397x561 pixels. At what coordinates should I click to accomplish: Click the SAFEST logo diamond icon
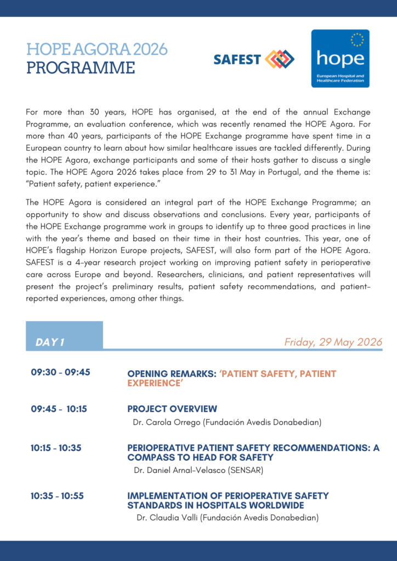[x=279, y=59]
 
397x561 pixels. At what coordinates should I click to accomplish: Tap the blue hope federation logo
[x=340, y=59]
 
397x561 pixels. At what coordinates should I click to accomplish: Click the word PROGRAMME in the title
[x=81, y=68]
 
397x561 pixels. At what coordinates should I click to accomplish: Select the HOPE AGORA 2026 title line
[x=97, y=49]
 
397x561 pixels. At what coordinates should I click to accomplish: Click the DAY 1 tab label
[x=50, y=342]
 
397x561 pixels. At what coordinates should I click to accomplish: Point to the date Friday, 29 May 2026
[x=333, y=342]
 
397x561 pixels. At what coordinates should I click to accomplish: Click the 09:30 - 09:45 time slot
[x=60, y=373]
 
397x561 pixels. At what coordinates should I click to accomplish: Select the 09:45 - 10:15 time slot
[x=59, y=409]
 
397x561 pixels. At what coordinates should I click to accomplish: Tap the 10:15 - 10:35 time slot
[x=56, y=448]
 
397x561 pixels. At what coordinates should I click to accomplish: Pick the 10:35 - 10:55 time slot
[x=57, y=496]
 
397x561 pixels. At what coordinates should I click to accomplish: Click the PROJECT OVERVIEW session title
[x=172, y=409]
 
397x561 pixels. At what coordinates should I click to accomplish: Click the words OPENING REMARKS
[x=172, y=374]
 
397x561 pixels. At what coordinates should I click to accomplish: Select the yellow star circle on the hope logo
[x=357, y=40]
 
